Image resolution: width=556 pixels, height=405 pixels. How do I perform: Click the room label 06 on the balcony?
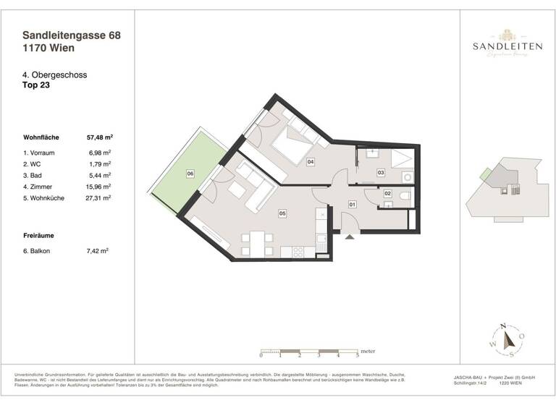pyautogui.click(x=190, y=174)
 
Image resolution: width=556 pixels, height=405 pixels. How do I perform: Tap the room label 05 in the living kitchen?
pyautogui.click(x=282, y=213)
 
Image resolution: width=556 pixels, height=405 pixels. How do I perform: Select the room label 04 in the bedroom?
pyautogui.click(x=310, y=162)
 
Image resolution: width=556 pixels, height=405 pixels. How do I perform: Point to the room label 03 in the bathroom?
pyautogui.click(x=380, y=172)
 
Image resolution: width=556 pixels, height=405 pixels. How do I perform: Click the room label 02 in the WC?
pyautogui.click(x=387, y=194)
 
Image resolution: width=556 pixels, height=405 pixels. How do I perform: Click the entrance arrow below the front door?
pyautogui.click(x=347, y=237)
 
